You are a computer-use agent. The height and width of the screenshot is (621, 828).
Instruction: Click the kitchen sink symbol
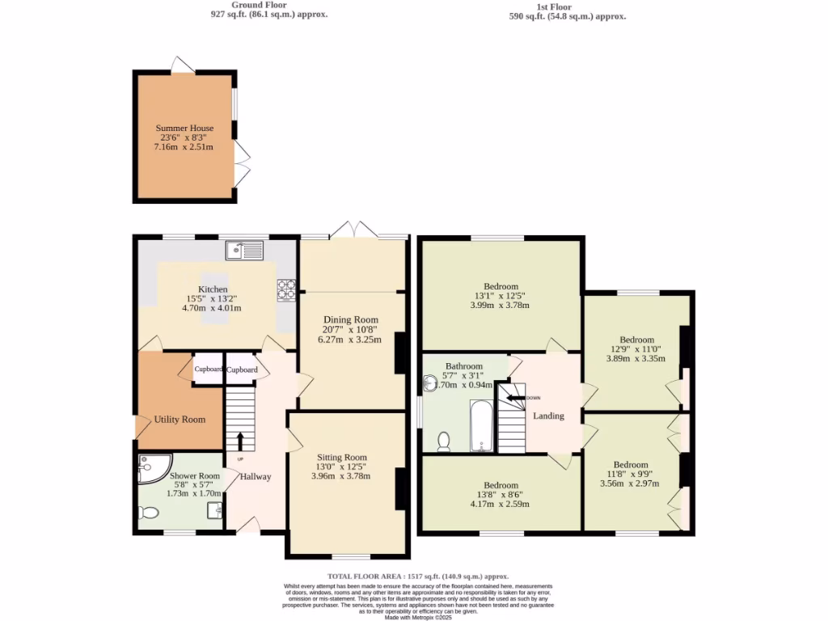pos(244,251)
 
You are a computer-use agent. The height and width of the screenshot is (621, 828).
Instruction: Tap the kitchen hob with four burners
pos(286,289)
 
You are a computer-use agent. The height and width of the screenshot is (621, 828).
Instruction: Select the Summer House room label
pos(184,128)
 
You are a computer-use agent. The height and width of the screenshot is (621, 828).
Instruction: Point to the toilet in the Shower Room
pos(148,512)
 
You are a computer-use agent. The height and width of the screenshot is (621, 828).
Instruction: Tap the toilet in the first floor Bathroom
pos(443,441)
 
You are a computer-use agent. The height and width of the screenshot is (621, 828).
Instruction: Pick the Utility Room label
pos(180,420)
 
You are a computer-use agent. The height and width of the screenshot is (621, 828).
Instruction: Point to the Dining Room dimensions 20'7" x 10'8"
pos(351,329)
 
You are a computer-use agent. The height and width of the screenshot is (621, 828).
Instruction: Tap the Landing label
pos(548,416)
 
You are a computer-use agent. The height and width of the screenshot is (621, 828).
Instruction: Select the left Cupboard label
pos(208,370)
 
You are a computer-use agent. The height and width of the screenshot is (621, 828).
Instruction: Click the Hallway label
pos(255,476)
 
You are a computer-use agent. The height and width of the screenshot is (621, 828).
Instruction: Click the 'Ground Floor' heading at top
pos(264,5)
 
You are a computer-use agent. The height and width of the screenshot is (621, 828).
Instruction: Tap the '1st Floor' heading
pos(553,6)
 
